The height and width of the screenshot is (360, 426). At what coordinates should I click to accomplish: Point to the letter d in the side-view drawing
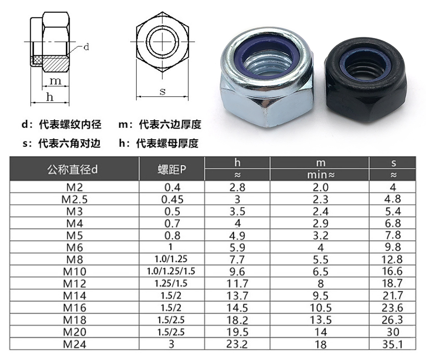pos(86,47)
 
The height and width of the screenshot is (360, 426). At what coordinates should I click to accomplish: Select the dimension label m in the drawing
pos(56,81)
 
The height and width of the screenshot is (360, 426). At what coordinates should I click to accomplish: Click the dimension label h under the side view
pos(49,97)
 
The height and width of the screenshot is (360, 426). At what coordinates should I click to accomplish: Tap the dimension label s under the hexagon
pos(162,91)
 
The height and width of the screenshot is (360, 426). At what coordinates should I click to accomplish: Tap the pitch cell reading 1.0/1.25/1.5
pos(171,272)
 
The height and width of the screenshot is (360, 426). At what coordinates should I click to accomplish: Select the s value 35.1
pos(393,344)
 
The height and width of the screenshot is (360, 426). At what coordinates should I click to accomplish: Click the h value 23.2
pos(238,344)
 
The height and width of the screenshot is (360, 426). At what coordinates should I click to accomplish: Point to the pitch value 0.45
pos(171,199)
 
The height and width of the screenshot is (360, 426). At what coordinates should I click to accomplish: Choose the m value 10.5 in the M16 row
pos(320,307)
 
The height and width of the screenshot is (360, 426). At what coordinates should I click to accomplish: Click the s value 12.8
pos(393,259)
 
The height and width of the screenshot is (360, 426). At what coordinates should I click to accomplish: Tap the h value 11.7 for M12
pos(238,283)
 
